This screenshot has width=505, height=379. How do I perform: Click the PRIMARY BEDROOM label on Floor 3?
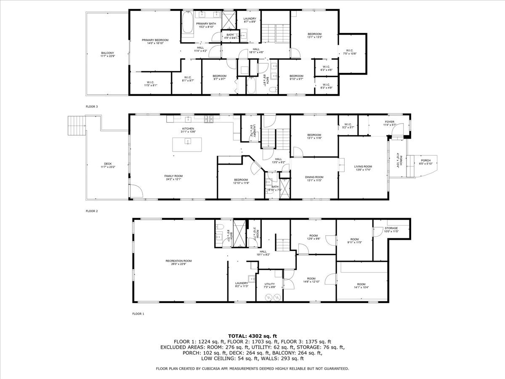point(155,40)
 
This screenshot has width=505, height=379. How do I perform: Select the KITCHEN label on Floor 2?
point(188,128)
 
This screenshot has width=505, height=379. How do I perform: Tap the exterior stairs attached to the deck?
point(77,125)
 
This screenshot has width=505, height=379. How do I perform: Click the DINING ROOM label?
point(314,177)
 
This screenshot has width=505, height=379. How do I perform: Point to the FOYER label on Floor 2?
point(389,122)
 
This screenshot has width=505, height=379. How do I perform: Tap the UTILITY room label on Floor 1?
point(269,284)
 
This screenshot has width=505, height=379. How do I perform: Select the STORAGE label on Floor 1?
point(391,228)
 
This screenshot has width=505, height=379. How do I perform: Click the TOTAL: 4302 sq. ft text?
point(252,336)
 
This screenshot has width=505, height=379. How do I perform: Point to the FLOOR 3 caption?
point(91,107)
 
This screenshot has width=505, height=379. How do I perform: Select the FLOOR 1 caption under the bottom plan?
point(138,314)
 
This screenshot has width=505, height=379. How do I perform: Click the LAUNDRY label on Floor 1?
point(242,283)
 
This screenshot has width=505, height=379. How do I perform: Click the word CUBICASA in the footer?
point(215,368)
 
